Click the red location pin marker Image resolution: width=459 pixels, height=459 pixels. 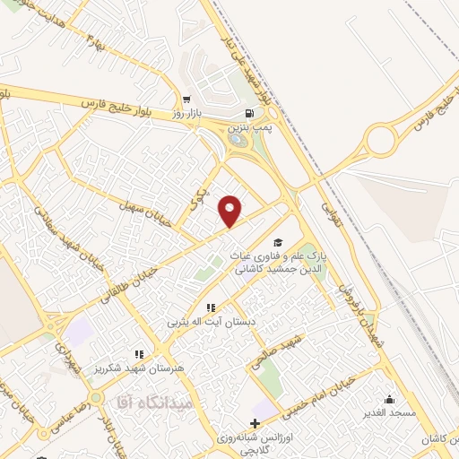click(230, 211)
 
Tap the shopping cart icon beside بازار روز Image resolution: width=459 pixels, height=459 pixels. click(186, 100)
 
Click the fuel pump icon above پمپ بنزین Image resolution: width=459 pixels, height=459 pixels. click(248, 114)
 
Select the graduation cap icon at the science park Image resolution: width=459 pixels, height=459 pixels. click(278, 243)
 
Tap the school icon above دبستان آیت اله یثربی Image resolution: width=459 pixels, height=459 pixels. click(211, 307)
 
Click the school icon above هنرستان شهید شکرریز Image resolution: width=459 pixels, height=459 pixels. click(139, 354)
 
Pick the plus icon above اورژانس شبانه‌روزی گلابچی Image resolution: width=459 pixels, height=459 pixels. click(255, 423)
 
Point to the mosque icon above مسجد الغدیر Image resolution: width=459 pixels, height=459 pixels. click(388, 399)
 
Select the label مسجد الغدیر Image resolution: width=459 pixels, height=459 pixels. click(389, 413)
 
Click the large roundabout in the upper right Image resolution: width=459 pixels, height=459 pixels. click(382, 140)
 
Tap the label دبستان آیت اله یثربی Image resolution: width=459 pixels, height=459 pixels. click(211, 322)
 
